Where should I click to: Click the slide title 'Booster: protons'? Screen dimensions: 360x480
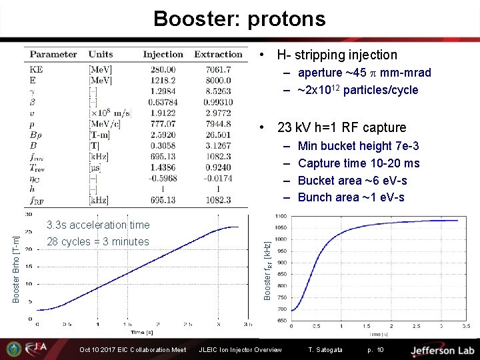(239, 18)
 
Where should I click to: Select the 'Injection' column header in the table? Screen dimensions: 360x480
(163, 54)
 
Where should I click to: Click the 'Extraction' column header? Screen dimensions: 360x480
(218, 54)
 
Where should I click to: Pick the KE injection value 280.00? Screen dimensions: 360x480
(163, 69)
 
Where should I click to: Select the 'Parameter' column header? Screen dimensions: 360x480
(53, 54)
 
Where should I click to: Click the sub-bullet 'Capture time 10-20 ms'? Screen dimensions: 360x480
(359, 163)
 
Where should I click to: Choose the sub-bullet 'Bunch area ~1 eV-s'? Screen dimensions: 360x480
(351, 197)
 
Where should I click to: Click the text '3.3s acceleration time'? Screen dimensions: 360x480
(98, 225)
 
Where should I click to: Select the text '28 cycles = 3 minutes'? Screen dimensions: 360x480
(98, 241)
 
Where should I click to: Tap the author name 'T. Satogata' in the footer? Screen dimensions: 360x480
(325, 350)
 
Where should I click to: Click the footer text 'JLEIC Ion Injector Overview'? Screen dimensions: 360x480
(240, 350)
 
